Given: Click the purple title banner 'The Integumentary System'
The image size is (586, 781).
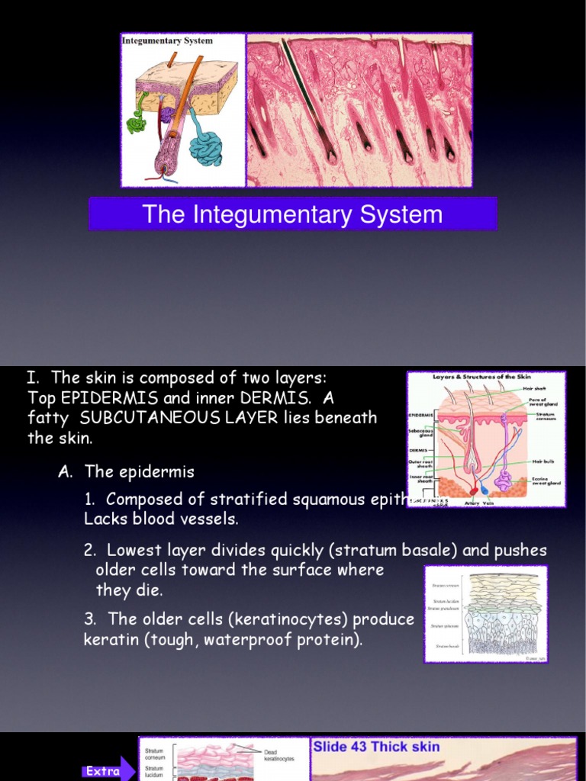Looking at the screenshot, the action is (x=292, y=214).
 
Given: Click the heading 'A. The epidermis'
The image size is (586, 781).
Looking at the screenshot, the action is (x=126, y=472).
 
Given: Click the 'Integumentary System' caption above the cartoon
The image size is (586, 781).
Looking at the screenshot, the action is (x=168, y=40).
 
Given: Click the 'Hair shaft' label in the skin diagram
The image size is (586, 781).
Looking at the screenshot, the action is (x=538, y=388).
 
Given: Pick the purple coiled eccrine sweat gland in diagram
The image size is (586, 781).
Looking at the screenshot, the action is (x=504, y=480).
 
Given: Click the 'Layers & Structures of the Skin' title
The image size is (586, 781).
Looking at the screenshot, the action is (x=482, y=377).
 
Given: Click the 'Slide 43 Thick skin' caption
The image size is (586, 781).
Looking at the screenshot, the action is (x=376, y=746).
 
